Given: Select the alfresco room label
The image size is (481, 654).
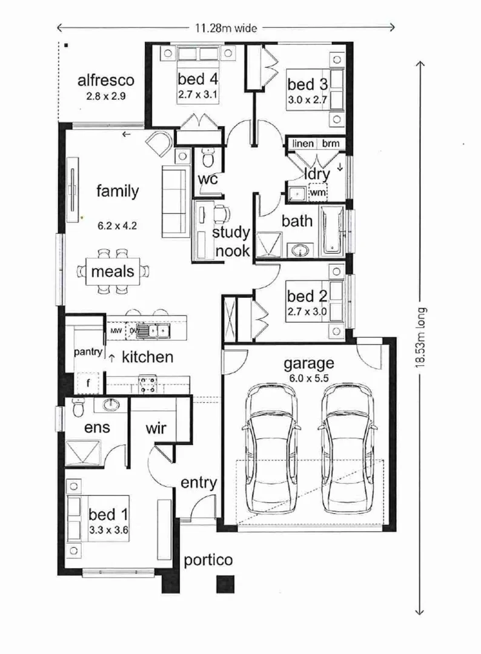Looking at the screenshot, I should pyautogui.click(x=105, y=81).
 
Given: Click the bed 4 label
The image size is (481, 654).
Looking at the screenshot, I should pyautogui.click(x=197, y=78).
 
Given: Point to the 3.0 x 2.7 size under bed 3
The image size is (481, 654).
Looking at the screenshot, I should pyautogui.click(x=308, y=99).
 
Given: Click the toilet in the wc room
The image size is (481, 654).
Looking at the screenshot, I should pyautogui.click(x=208, y=160).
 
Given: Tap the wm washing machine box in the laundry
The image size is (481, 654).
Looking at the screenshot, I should pyautogui.click(x=318, y=192).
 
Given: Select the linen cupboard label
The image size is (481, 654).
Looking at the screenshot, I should pyautogui.click(x=303, y=144).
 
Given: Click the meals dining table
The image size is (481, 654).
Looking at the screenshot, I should pyautogui.click(x=113, y=271).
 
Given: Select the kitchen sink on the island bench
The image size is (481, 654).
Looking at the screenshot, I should pyautogui.click(x=152, y=331).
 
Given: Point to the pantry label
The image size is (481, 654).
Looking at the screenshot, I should pyautogui.click(x=88, y=352).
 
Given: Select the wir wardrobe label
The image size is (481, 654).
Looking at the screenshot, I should pyautogui.click(x=160, y=428).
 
